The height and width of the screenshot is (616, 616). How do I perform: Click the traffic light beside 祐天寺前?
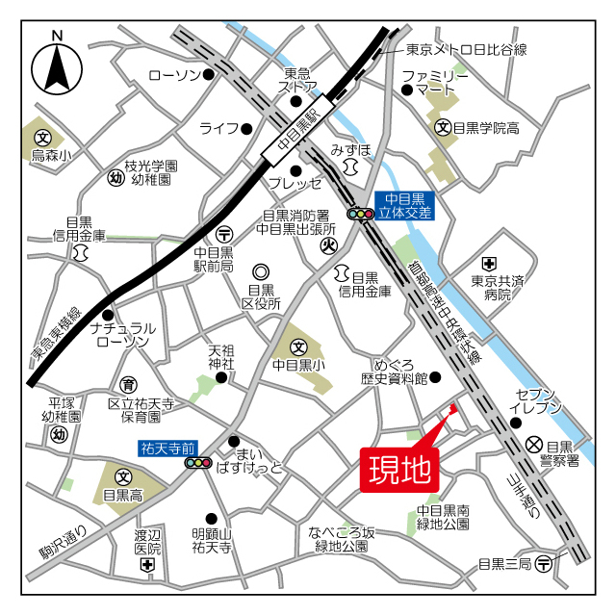pyautogui.click(x=198, y=463)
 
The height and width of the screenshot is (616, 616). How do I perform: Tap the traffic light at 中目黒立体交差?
pyautogui.click(x=360, y=215)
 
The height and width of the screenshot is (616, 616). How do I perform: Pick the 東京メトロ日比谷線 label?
pyautogui.click(x=466, y=49)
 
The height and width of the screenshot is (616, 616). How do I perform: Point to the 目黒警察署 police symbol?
pyautogui.click(x=534, y=445)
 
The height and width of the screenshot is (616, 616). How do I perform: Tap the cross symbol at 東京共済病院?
pyautogui.click(x=490, y=263)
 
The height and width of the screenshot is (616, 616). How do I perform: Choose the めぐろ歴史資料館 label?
pyautogui.click(x=394, y=372)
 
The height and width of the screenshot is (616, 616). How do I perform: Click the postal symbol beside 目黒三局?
pyautogui.click(x=546, y=564)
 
